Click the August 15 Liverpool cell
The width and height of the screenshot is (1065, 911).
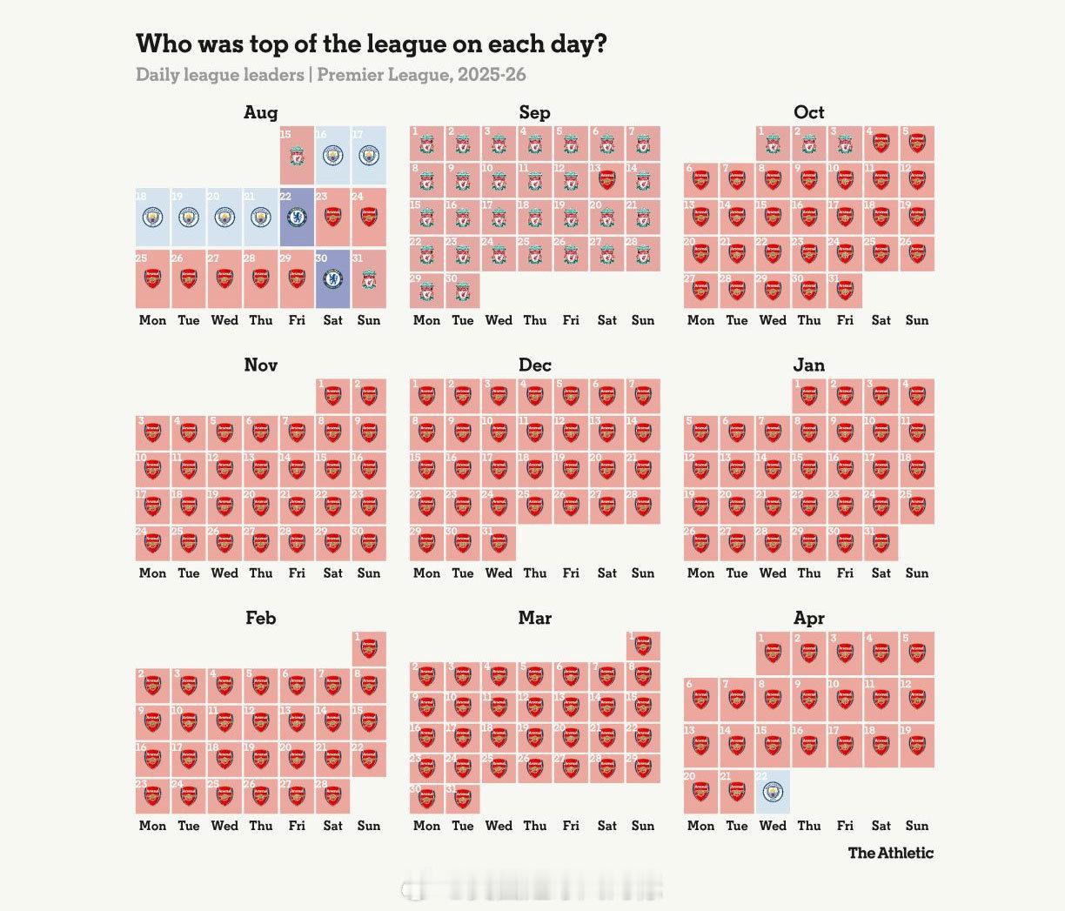tap(297, 155)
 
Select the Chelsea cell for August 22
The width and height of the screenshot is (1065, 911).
tap(297, 217)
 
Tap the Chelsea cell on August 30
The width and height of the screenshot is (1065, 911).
tap(332, 278)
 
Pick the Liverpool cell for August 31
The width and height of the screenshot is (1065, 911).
tap(369, 278)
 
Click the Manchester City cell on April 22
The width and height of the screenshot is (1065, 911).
tap(773, 791)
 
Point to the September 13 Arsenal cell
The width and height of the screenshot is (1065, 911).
tap(606, 180)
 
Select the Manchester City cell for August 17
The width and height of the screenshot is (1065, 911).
tap(369, 155)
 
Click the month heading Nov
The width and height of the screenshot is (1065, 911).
tap(261, 365)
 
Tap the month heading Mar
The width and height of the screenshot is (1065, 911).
tap(534, 618)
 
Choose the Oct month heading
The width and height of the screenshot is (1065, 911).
tap(808, 112)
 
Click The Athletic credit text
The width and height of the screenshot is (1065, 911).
tap(890, 853)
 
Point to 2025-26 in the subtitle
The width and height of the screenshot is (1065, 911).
tap(492, 75)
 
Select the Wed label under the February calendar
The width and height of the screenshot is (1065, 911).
tap(224, 826)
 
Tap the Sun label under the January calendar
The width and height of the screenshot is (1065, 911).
tap(917, 573)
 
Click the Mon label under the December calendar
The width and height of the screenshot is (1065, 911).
tap(426, 573)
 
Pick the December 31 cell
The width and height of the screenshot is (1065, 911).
tap(499, 543)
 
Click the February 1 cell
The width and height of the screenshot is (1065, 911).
tap(369, 648)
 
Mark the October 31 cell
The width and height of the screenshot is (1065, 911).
tap(845, 291)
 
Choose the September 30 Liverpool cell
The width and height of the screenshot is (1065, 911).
tap(463, 291)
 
